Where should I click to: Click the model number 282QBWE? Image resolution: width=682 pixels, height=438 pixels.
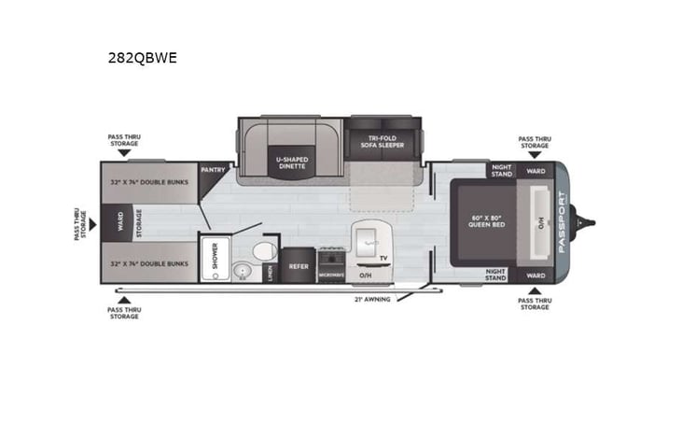(x=142, y=58)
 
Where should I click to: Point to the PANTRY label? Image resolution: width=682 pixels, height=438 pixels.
(x=213, y=170)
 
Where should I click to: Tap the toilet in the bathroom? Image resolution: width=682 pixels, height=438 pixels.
(x=264, y=250)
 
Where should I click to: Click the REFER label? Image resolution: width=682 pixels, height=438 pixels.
(x=299, y=265)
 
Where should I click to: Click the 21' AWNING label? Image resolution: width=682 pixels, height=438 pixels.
(x=371, y=299)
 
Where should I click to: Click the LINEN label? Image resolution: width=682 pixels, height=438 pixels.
(x=270, y=272)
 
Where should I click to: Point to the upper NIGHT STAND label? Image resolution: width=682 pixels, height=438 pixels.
(x=501, y=171)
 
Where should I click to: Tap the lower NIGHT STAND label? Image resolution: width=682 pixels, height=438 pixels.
(x=495, y=275)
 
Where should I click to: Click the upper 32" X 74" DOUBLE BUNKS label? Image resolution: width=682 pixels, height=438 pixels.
(x=150, y=183)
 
